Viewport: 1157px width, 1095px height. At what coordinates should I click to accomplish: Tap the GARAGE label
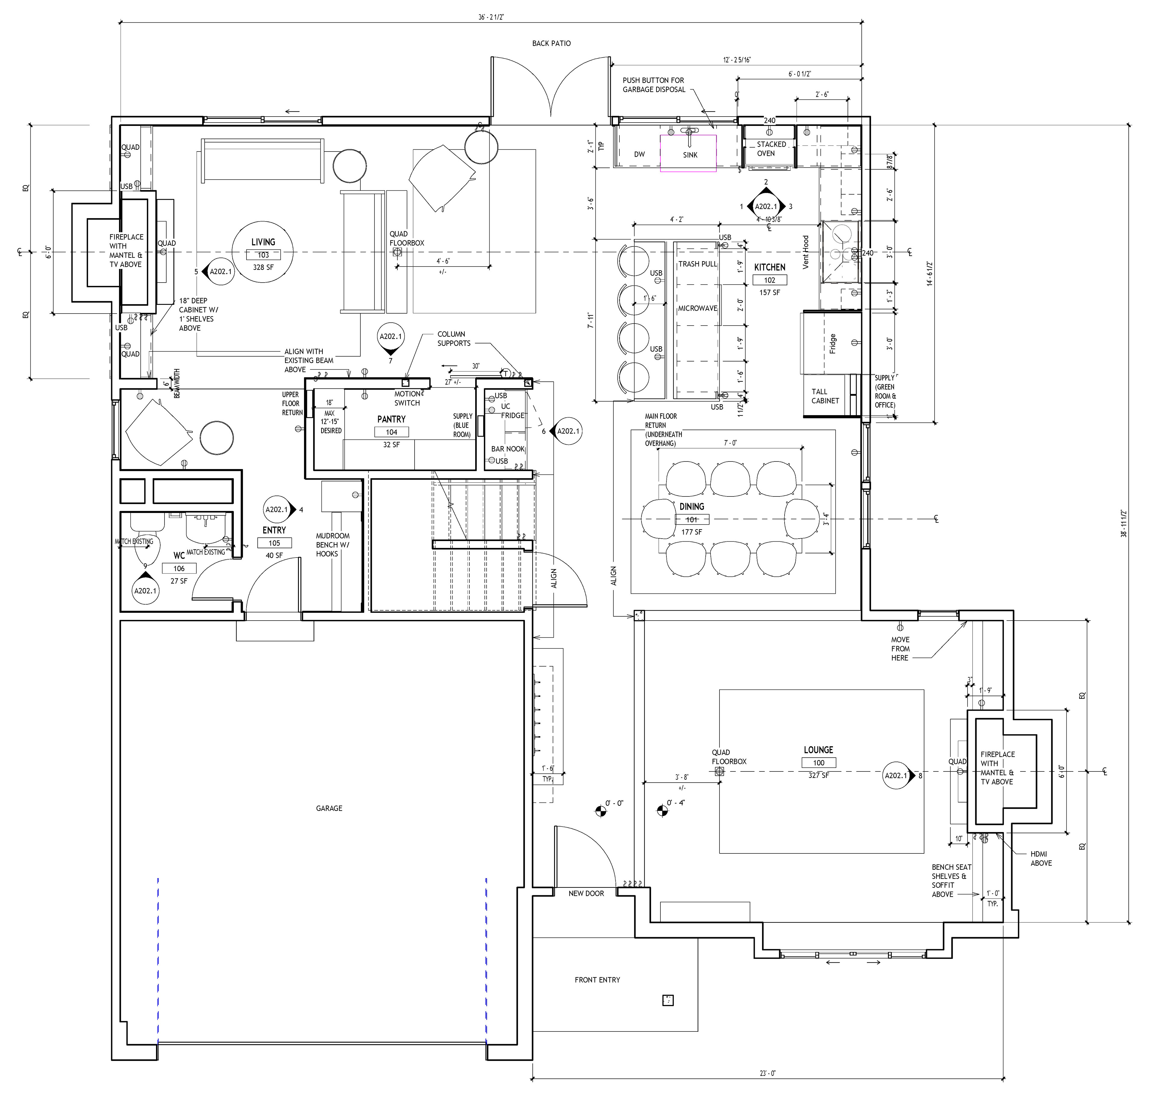click(x=329, y=808)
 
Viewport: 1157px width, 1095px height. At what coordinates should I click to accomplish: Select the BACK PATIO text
click(x=551, y=43)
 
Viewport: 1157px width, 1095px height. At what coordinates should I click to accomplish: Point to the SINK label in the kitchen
click(x=690, y=155)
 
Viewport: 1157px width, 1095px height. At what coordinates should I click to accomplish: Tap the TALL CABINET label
click(x=825, y=396)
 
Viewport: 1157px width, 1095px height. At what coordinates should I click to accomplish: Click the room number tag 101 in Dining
click(x=692, y=519)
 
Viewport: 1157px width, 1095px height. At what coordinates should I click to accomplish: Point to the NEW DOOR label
click(x=586, y=893)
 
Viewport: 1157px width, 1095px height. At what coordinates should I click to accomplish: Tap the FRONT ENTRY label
click(x=597, y=979)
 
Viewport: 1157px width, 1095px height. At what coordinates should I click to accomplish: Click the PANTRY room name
click(x=391, y=419)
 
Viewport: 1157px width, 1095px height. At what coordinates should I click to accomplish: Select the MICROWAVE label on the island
click(x=698, y=308)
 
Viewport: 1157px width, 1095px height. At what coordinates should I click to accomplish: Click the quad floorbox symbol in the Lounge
click(x=719, y=771)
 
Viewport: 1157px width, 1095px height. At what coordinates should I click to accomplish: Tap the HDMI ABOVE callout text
click(x=1041, y=859)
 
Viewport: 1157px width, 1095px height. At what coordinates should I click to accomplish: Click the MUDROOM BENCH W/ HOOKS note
click(x=333, y=545)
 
